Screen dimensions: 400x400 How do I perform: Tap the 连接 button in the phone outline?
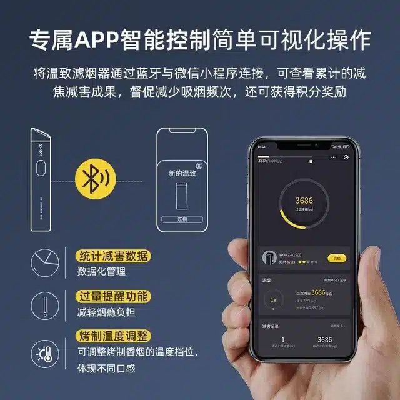[182, 219]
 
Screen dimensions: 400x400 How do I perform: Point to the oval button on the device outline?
[39, 168]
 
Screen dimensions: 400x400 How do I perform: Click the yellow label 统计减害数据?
[112, 256]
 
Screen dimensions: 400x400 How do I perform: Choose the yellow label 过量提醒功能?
[112, 296]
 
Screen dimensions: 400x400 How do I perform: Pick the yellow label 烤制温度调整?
[112, 334]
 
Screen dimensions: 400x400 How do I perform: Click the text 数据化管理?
[101, 272]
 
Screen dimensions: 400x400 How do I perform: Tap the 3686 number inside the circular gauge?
[304, 201]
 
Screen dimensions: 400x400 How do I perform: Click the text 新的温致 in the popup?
[182, 173]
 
